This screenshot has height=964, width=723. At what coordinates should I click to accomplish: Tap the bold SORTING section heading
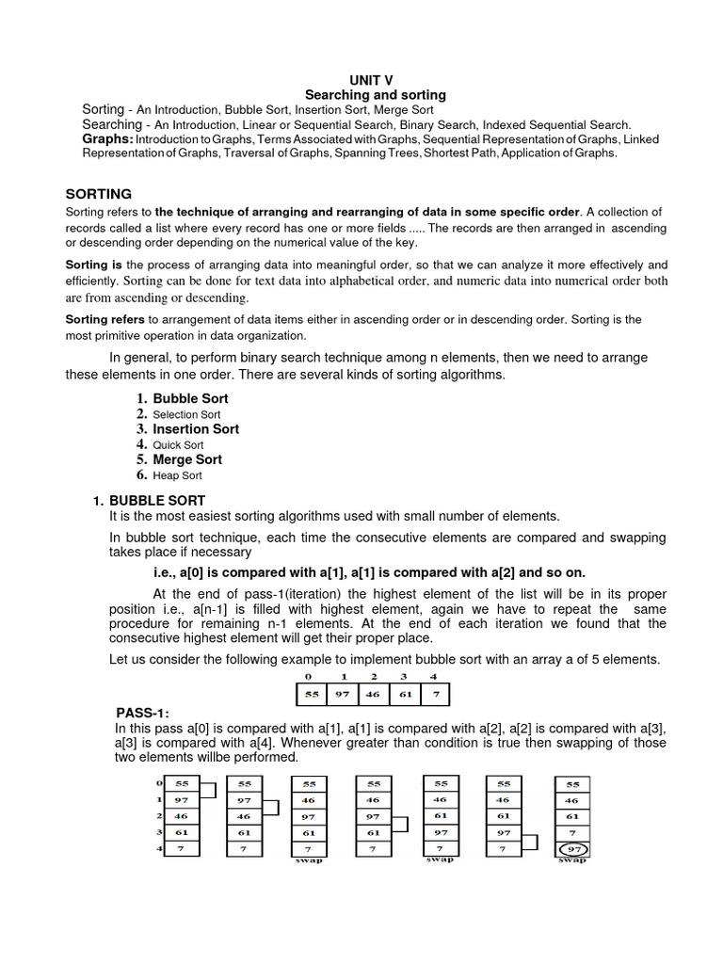point(98,194)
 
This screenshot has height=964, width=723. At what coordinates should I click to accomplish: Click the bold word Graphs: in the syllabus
point(108,139)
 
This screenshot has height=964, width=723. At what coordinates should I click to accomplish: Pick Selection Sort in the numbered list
point(186,414)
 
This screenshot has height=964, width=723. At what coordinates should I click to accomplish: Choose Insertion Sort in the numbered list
point(196,429)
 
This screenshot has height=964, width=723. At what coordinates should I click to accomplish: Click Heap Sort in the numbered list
point(177,476)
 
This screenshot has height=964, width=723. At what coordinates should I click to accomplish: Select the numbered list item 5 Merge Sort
point(187,460)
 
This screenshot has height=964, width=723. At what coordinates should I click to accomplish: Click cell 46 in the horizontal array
point(374,696)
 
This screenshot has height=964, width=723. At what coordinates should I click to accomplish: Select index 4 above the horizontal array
point(433,677)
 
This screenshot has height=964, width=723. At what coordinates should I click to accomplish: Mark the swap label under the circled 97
point(572,860)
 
